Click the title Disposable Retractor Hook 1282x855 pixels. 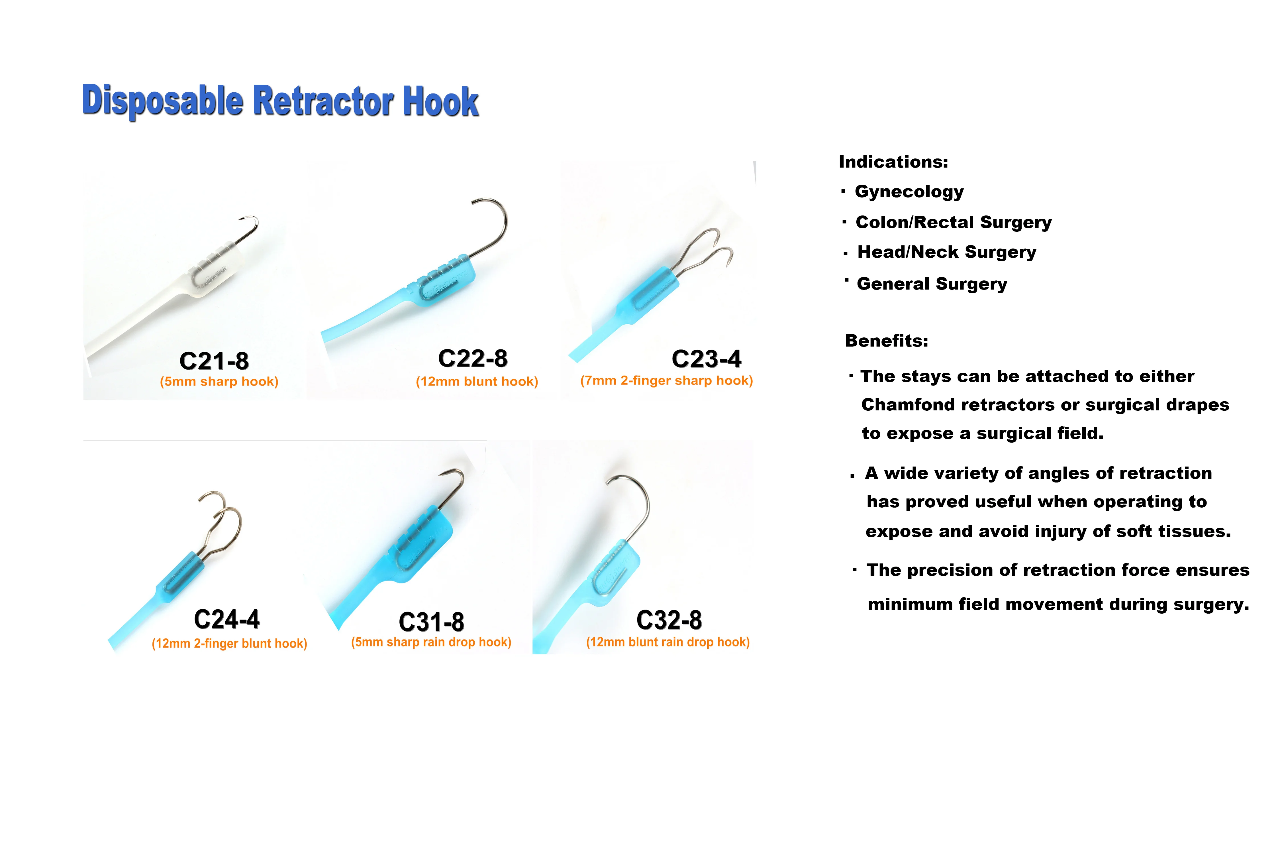[x=280, y=101]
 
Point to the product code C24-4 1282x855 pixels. [x=227, y=619]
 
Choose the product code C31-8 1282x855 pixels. [x=431, y=622]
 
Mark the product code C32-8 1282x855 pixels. [x=669, y=620]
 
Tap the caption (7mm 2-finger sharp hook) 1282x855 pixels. [x=666, y=380]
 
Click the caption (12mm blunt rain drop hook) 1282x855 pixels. [x=668, y=642]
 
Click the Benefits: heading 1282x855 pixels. [x=886, y=341]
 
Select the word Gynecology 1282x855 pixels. [x=909, y=192]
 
